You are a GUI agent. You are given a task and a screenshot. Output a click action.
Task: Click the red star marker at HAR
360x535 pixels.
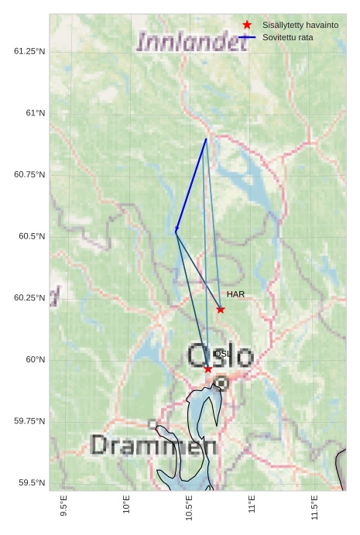[221, 310]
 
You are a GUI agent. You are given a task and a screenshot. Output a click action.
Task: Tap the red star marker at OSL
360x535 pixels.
[208, 369]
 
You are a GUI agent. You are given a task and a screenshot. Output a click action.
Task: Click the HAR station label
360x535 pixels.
[235, 294]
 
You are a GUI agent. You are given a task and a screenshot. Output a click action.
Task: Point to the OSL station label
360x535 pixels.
[221, 354]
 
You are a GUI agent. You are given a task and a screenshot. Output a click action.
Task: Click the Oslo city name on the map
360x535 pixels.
[220, 357]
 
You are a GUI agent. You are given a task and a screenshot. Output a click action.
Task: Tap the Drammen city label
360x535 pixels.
[153, 445]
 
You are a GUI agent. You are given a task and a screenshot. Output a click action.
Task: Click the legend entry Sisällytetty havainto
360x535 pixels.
[300, 26]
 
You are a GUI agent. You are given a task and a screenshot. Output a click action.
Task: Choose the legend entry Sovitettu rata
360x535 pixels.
[287, 37]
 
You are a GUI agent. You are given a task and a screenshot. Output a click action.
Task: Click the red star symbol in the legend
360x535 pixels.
[248, 26]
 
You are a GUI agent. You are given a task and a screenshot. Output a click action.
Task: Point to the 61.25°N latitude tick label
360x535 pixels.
[29, 51]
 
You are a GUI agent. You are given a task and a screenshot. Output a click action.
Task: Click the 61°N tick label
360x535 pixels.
[36, 113]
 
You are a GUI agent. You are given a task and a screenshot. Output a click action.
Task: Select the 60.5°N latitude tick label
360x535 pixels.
[32, 236]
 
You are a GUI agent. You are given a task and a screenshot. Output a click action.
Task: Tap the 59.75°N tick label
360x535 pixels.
[29, 421]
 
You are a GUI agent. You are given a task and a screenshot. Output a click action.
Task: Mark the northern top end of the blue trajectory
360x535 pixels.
[206, 139]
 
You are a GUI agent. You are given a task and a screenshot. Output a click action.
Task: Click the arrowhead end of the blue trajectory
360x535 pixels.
[176, 231]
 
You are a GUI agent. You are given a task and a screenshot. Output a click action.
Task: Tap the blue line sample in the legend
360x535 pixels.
[248, 37]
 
